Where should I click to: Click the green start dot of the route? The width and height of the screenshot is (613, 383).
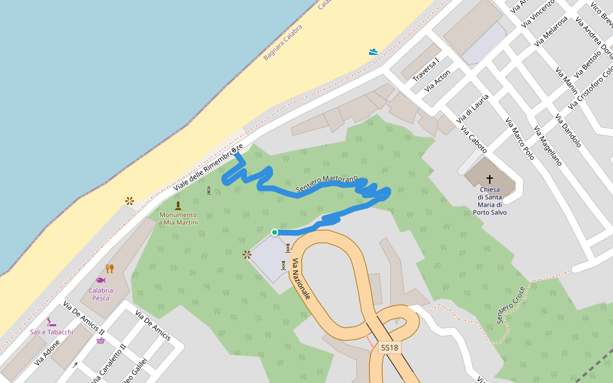coord(275,232)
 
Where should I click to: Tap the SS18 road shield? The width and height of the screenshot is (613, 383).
coord(389,348)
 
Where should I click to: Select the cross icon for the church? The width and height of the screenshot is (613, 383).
coord(490,179)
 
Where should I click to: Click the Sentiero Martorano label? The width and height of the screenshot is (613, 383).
coord(327,183)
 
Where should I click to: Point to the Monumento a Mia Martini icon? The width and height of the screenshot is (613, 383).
coord(178,206)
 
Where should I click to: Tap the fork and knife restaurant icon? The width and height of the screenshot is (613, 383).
coord(109,269)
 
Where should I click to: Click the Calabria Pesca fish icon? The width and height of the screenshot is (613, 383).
coord(101,280)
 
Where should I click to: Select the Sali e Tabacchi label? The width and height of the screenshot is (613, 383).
coord(52,332)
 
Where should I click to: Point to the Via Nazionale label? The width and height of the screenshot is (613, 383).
coord(301,280)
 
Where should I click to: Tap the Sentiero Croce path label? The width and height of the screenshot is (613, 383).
coord(511,304)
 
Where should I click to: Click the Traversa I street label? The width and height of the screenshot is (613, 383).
coord(426,70)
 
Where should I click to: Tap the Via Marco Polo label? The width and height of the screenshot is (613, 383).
coord(519,138)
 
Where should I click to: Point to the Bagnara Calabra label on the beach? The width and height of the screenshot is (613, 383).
coord(287,43)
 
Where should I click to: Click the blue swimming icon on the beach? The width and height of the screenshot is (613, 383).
coord(374,52)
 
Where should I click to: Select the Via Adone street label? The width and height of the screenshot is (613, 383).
coord(47,352)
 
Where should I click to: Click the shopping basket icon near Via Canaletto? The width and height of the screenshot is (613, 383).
coord(101,341)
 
